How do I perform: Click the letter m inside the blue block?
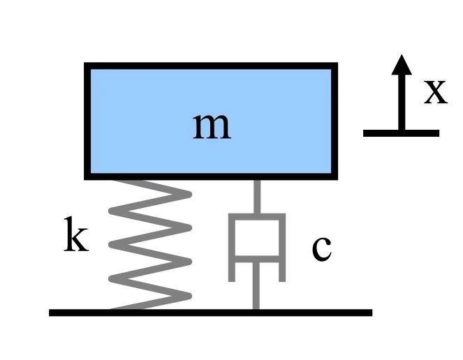pyautogui.click(x=212, y=126)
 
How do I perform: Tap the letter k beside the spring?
pyautogui.click(x=76, y=234)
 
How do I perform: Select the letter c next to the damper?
pyautogui.click(x=322, y=249)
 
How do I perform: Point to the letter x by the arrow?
pyautogui.click(x=436, y=92)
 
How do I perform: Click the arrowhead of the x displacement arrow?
pyautogui.click(x=402, y=65)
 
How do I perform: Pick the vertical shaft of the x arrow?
pyautogui.click(x=402, y=102)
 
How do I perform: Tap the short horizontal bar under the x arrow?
pyautogui.click(x=401, y=133)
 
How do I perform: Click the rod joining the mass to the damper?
pyautogui.click(x=257, y=197)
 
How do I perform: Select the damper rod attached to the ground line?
pyautogui.click(x=256, y=285)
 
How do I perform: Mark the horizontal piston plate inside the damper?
pyautogui.click(x=257, y=259)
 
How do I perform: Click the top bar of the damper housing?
pyautogui.click(x=257, y=216)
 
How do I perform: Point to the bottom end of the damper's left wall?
pyautogui.click(x=232, y=281)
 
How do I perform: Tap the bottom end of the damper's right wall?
pyautogui.click(x=282, y=281)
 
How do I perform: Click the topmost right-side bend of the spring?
pyautogui.click(x=189, y=195)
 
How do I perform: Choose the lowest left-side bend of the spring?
pyautogui.click(x=112, y=278)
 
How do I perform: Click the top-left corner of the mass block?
pyautogui.click(x=84, y=63)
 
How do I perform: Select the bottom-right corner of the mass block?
pyautogui.click(x=337, y=179)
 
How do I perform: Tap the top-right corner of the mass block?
pyautogui.click(x=337, y=63)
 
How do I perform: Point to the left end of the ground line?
pyautogui.click(x=49, y=313)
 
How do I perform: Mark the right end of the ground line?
pyautogui.click(x=372, y=313)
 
